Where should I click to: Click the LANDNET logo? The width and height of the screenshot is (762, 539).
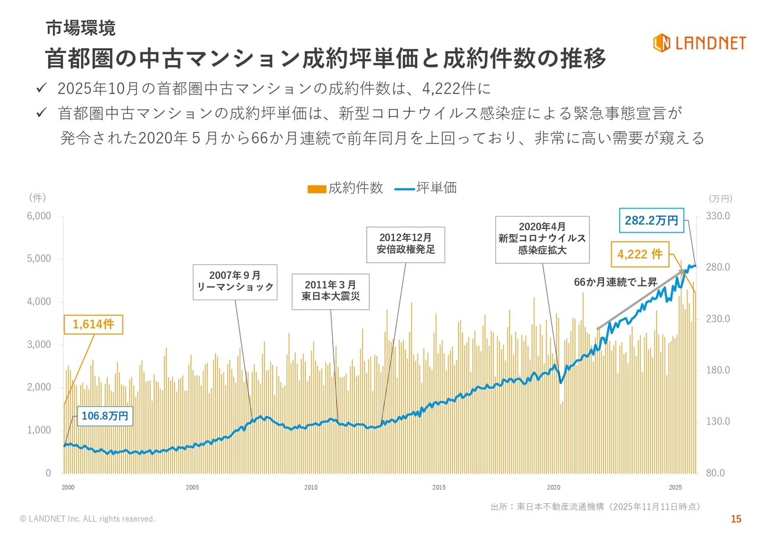coord(698,42)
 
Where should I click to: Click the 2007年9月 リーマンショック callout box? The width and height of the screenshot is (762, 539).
coord(235,281)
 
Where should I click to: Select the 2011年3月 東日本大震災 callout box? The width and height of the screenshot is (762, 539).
coord(330,291)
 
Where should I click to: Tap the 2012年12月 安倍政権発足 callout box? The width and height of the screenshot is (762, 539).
coord(406,244)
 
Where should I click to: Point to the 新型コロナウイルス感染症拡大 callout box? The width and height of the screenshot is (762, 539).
coord(542,239)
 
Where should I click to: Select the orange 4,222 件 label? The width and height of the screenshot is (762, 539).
coord(640,254)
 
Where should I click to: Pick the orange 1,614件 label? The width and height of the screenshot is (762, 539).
coord(93,325)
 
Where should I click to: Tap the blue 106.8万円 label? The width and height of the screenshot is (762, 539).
coord(105,416)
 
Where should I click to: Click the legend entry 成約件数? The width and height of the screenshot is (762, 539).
coord(345,188)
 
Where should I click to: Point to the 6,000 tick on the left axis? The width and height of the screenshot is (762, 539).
coord(40,216)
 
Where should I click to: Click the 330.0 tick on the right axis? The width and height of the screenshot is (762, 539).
coord(718,216)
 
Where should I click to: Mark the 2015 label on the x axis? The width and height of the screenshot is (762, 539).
coord(439,487)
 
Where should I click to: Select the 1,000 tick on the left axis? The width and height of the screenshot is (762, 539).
coord(40,431)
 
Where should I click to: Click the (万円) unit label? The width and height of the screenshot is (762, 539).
coord(720,199)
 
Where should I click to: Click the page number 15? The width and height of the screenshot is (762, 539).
coord(736,519)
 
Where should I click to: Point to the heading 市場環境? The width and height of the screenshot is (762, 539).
coord(80,28)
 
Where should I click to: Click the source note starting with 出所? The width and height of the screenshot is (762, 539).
coord(595,507)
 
